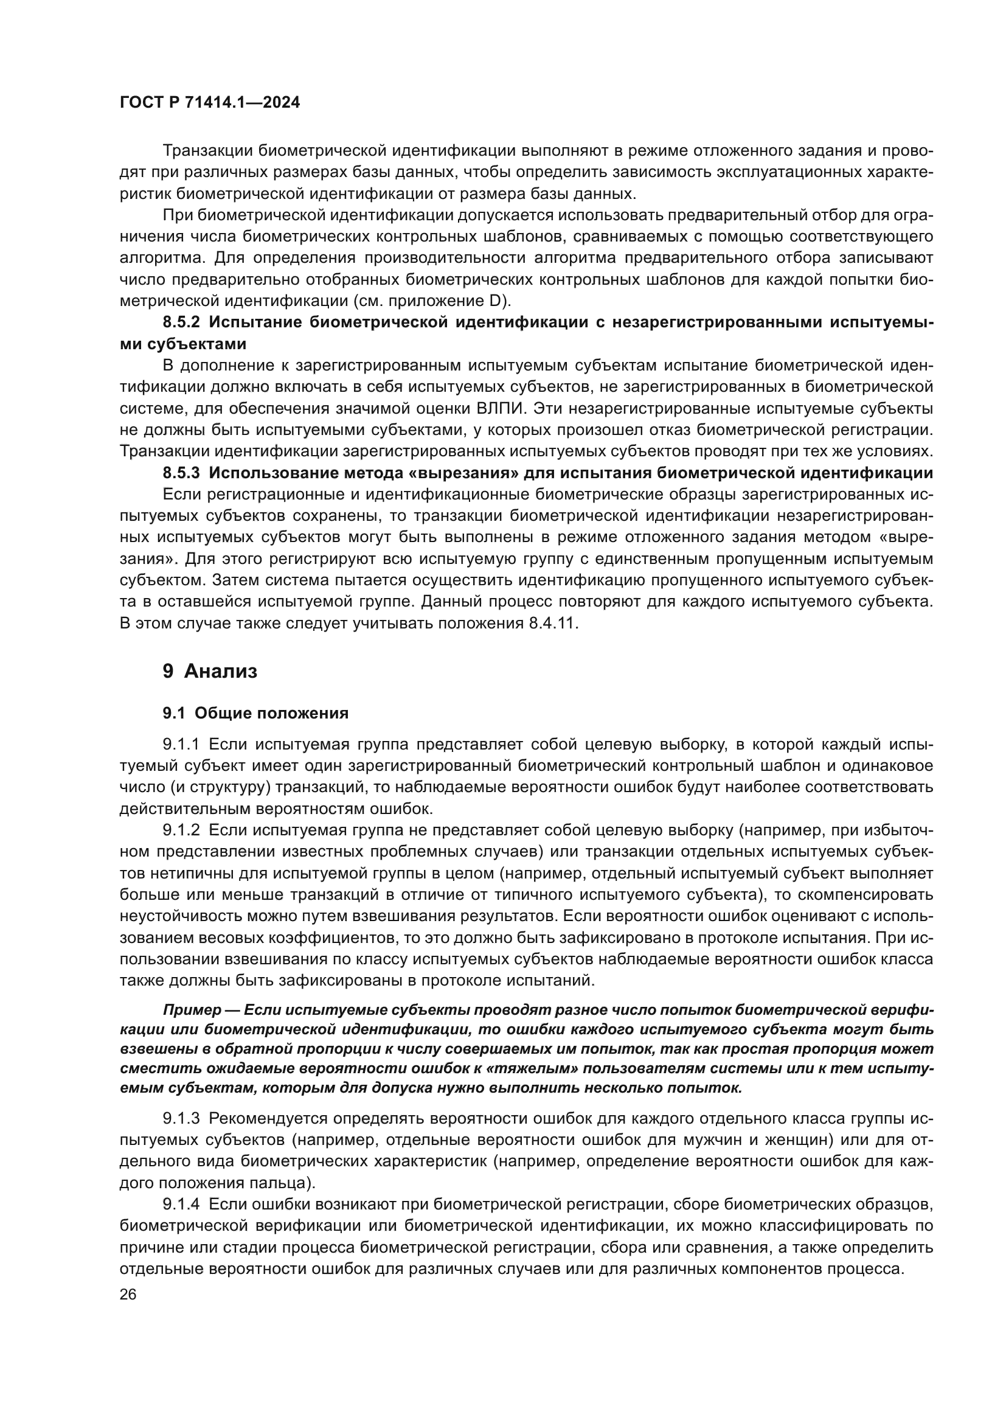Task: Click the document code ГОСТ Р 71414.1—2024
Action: (x=209, y=102)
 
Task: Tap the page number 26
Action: (x=128, y=1295)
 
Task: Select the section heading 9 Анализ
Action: (x=210, y=671)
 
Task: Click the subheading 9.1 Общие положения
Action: (x=255, y=714)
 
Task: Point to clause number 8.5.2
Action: (x=181, y=322)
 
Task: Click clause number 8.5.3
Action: (x=181, y=473)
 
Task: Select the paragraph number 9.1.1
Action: (x=181, y=744)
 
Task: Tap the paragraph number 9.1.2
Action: (x=181, y=830)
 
